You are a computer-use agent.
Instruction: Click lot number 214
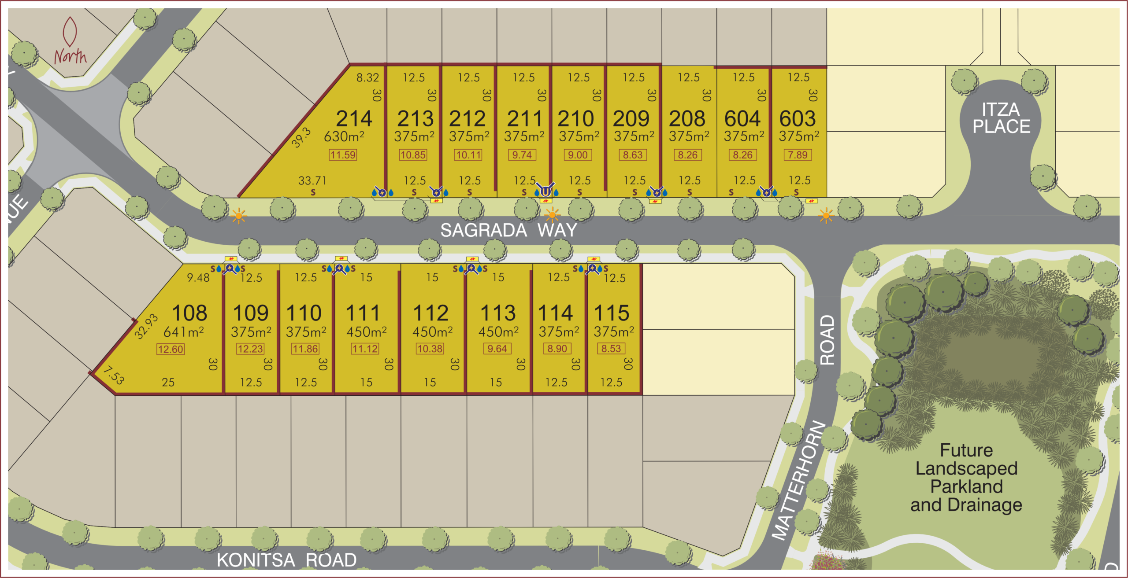tap(354, 119)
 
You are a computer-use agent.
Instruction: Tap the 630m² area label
tap(344, 137)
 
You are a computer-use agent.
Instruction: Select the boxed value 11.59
tap(343, 155)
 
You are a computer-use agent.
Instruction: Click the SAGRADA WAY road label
tap(508, 230)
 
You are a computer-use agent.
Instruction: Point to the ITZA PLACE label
tap(1001, 118)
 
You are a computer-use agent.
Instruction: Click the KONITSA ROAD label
tap(286, 560)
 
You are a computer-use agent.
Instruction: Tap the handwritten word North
tap(70, 56)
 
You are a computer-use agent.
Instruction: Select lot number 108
tap(189, 313)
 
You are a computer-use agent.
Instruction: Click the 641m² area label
tap(183, 331)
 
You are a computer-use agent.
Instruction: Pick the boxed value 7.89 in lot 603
tap(798, 155)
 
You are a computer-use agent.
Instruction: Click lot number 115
tap(612, 313)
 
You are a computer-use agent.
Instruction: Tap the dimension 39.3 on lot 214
tap(301, 138)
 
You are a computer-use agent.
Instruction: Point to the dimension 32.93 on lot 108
tap(146, 326)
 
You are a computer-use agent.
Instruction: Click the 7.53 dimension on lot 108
tap(114, 376)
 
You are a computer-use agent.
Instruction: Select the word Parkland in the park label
tap(966, 487)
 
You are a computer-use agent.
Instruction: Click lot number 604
tap(742, 119)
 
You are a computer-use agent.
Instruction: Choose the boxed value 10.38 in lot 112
tap(430, 349)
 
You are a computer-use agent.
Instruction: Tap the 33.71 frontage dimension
tap(312, 180)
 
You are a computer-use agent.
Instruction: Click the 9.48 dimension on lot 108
tap(198, 278)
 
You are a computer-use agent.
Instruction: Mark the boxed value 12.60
tap(171, 350)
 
